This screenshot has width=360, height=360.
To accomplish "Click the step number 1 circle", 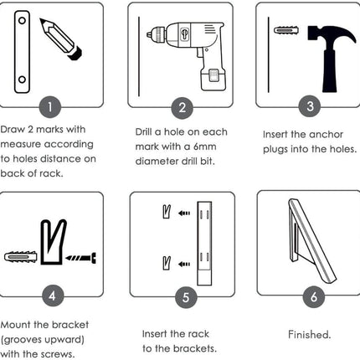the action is point(50,107).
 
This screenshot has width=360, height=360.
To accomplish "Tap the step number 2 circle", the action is point(183,108).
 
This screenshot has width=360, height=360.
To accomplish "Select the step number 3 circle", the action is point(310,106).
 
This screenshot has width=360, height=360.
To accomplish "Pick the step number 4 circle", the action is point(53,296).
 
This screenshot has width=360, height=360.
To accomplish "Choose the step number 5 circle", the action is point(186,297).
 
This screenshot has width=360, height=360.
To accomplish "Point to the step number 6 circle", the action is point(314,296).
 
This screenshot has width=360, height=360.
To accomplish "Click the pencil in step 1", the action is point(61,39).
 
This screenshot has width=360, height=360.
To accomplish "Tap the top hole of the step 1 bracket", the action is point(22,20).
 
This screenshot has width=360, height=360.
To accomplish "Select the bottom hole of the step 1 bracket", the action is point(22,80).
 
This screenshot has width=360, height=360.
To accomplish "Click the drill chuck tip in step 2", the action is point(149,35).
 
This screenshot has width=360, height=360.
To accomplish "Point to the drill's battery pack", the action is point(213,79).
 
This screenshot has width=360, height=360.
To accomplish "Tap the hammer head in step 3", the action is point(332,34).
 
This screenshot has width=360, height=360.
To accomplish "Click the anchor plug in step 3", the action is point(286,30).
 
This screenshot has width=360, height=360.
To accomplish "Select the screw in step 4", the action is point(81,258).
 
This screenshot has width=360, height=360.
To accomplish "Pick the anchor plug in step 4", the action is point(21,257).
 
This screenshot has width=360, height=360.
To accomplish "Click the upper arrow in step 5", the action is point(184,213).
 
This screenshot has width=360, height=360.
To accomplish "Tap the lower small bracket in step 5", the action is point(167,263).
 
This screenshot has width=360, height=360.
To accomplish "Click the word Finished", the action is point(309,334).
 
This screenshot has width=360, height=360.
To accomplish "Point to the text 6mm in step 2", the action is point(204,147).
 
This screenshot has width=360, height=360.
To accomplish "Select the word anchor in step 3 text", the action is point(326,135).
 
